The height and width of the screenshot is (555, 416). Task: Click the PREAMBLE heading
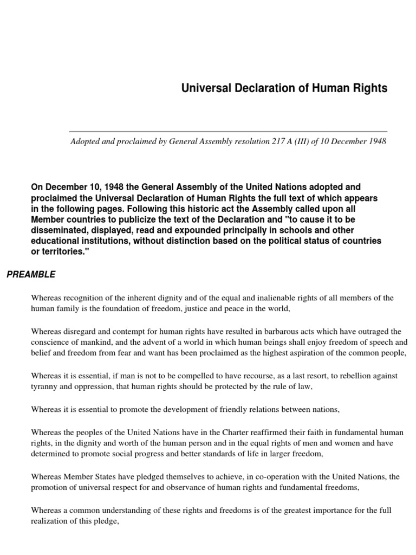pos(31,275)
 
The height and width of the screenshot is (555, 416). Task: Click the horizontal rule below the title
pos(228,131)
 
